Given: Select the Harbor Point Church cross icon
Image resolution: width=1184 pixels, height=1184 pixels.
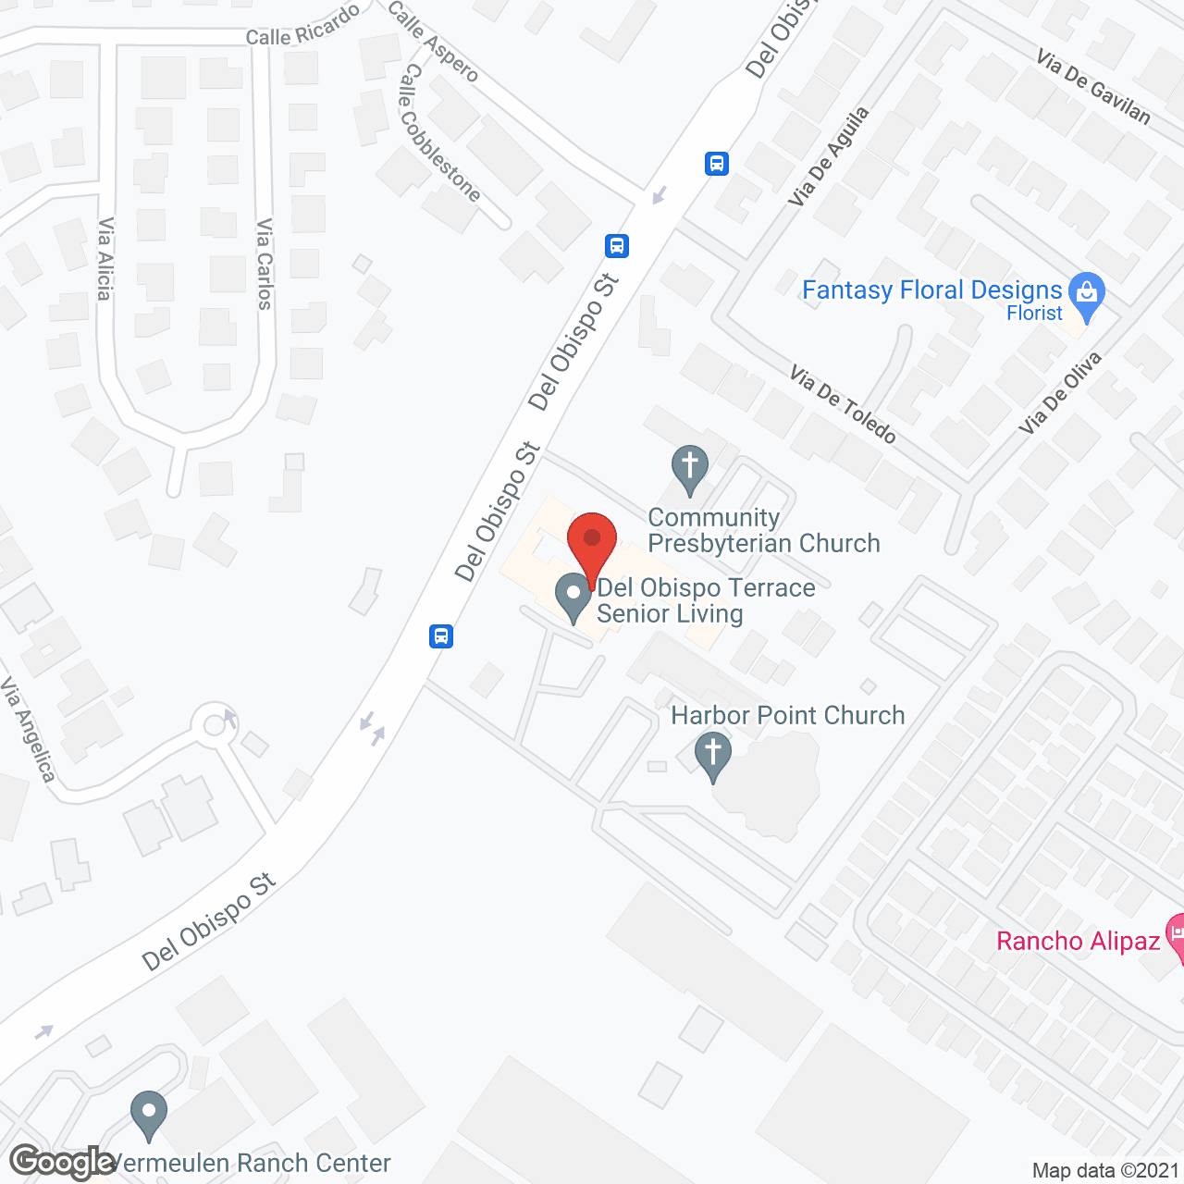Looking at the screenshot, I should coord(712,754).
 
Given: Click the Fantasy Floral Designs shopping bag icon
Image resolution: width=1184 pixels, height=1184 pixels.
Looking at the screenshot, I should coord(1086,294).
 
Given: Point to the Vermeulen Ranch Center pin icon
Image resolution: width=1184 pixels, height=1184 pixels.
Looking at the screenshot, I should coord(148,1114).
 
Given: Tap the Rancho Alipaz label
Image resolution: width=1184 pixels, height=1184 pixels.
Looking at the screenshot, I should coord(1078,942).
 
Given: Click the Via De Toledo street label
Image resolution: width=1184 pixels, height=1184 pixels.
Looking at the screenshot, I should coord(843,404).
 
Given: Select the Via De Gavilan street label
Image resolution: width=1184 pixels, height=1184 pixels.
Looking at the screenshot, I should coord(1093,88).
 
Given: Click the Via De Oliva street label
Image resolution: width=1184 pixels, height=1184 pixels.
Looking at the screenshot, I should coord(1060,393).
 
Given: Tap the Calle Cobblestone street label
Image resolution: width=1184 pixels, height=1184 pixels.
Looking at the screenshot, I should coord(438,133).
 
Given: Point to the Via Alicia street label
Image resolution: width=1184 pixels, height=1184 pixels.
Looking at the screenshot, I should coord(105,259).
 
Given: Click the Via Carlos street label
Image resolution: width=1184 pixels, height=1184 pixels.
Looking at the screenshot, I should coord(265,264).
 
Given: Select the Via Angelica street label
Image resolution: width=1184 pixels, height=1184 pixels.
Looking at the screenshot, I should coord(28,730).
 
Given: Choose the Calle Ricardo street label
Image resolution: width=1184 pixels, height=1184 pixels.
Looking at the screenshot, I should coord(302,25).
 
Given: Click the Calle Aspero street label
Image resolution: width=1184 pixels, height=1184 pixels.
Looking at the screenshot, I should coord(433,41).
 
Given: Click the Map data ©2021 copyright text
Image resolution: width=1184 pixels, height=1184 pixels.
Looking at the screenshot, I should coord(1105,1171).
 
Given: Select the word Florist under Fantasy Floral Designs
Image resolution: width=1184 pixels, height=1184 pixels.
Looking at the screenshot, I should coord(1034,314).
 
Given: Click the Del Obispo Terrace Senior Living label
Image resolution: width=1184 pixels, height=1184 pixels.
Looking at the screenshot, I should coord(705,600).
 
